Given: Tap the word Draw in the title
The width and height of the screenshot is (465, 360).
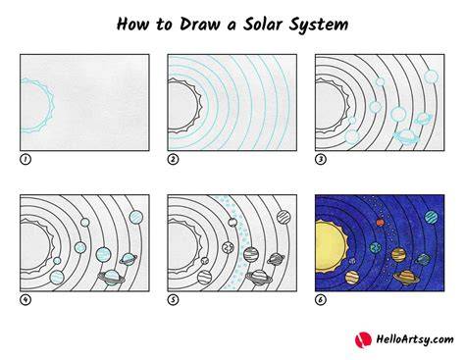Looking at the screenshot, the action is coord(199,25).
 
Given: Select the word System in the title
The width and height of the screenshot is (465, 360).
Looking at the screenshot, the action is coord(319,25).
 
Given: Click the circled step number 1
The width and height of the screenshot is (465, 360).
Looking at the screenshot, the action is coord(26,159).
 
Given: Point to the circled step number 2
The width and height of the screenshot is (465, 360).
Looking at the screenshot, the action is coord(173,159).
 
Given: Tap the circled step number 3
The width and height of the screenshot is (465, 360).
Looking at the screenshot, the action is coord(321,159).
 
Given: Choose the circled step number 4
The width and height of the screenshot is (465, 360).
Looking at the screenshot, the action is coord(26,299).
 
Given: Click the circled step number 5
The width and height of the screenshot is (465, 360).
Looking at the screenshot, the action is coord(173,299).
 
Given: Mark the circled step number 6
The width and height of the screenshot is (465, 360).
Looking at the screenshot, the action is coord(321,299).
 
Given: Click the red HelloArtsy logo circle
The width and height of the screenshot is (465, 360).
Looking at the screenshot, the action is coord(363,339).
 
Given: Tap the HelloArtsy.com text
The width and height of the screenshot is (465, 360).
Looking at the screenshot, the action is coord(415,339).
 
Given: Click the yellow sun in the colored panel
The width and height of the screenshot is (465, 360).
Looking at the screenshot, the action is coord(331,246).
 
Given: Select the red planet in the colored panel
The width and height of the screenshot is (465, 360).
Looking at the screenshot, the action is coord(380,223).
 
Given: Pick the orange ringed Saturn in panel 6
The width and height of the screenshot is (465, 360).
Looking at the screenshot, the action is coord(407,278).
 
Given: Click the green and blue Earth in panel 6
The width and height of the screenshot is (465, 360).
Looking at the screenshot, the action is coord(376,247).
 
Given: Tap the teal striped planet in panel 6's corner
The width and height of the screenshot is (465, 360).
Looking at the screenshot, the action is coord(432,217).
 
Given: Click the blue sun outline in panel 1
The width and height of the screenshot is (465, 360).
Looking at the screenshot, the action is coord(51,105).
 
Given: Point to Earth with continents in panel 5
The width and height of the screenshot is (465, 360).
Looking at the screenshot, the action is coord(228,247).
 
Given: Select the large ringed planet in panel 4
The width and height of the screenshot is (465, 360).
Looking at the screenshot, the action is coord(112,278).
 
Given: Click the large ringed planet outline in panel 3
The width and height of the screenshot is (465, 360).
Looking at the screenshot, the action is coord(406,136).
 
